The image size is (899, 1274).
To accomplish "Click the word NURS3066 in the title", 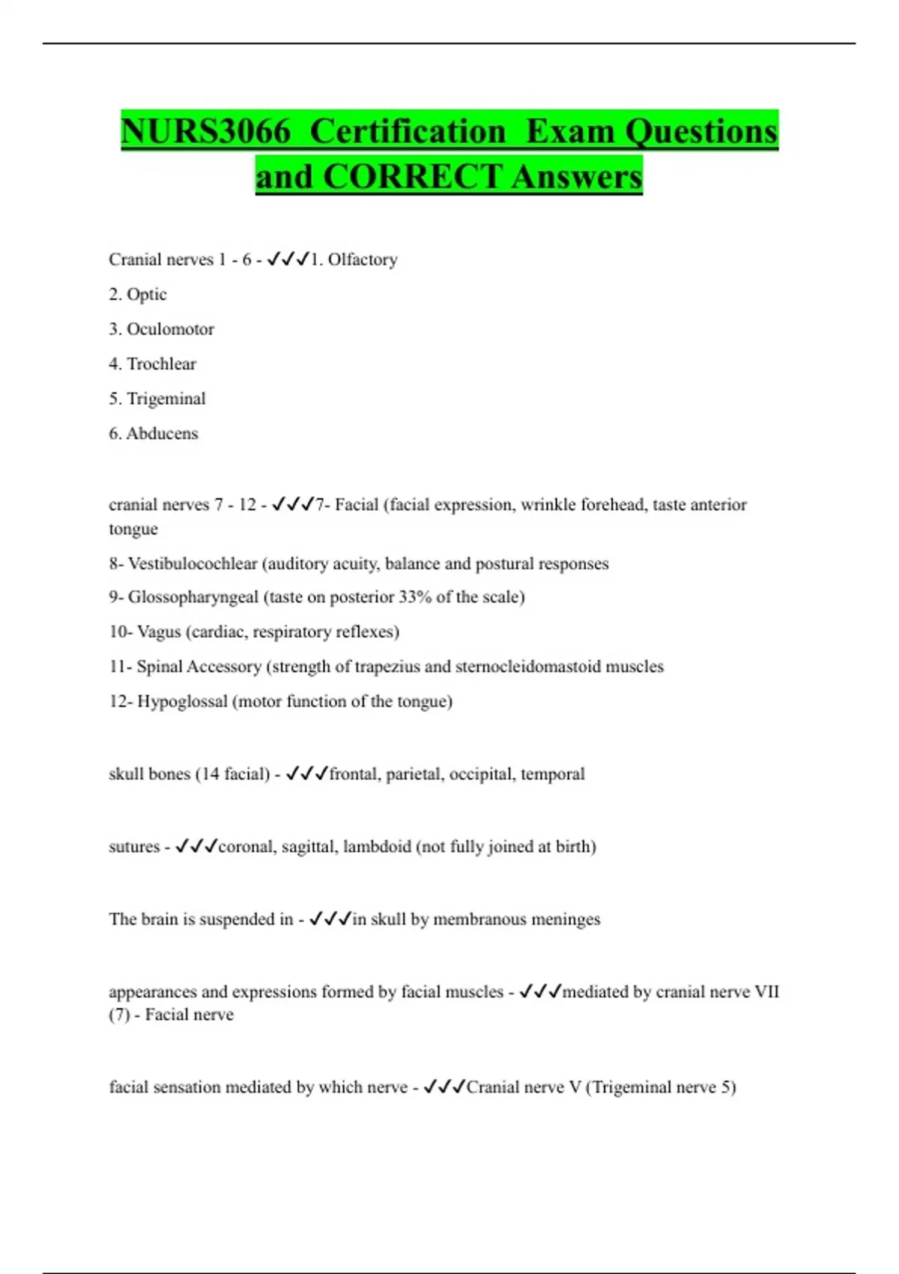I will [205, 132].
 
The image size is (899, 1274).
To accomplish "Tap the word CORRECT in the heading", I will [412, 178].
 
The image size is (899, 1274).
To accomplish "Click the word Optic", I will [147, 295].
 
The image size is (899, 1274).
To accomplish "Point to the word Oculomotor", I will [170, 329].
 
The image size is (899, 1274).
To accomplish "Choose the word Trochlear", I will [161, 364].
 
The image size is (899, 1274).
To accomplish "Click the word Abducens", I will [162, 434].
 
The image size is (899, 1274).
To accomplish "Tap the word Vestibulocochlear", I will [193, 564].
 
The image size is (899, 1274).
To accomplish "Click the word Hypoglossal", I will [182, 701].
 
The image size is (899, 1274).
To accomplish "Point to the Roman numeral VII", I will [766, 992].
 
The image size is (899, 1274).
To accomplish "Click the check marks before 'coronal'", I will [196, 847].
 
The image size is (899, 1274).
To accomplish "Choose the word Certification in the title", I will [408, 132].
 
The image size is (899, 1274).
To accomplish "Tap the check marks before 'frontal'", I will [307, 774].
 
